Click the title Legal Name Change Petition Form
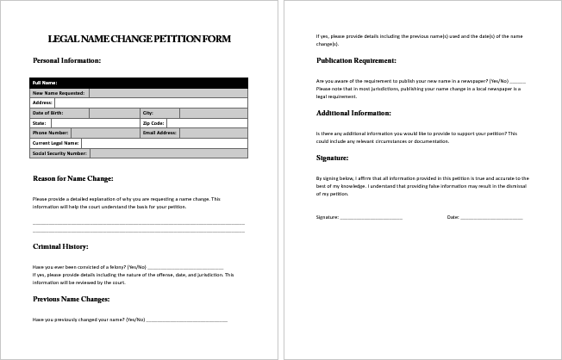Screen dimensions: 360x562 click(140, 39)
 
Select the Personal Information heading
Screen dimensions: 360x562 click(66, 61)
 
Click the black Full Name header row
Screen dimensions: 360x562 click(139, 83)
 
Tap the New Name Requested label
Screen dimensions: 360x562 click(58, 92)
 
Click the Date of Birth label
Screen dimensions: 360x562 click(47, 113)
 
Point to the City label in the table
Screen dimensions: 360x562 click(147, 113)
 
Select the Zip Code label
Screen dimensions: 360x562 click(153, 123)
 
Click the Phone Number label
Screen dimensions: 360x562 click(51, 133)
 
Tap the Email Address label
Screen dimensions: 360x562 click(159, 133)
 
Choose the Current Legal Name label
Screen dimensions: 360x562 click(55, 143)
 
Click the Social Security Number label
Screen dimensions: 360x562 click(59, 153)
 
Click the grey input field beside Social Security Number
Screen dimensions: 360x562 click(168, 153)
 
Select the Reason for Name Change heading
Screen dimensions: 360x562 click(73, 178)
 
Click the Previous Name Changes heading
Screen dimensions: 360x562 click(72, 299)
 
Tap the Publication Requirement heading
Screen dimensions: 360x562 click(356, 61)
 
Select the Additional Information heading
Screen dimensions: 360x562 click(353, 113)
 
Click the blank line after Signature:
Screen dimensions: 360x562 click(372, 218)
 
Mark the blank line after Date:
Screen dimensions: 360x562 click(491, 218)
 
